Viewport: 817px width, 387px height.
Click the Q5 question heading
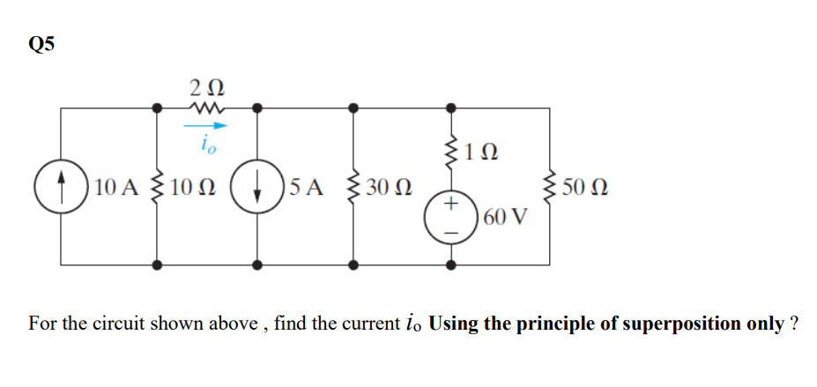click(41, 46)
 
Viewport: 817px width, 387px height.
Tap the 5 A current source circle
click(257, 187)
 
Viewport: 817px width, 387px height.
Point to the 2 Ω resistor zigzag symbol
click(207, 108)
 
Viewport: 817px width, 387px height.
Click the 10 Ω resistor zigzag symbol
click(158, 187)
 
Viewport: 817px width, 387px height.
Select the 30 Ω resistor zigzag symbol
click(353, 187)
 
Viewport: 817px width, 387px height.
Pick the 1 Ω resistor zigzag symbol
click(451, 154)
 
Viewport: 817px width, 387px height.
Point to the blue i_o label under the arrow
click(207, 144)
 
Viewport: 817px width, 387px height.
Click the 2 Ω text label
click(207, 86)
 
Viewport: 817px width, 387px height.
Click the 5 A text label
click(305, 187)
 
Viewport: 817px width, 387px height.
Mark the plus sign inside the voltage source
click(451, 205)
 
